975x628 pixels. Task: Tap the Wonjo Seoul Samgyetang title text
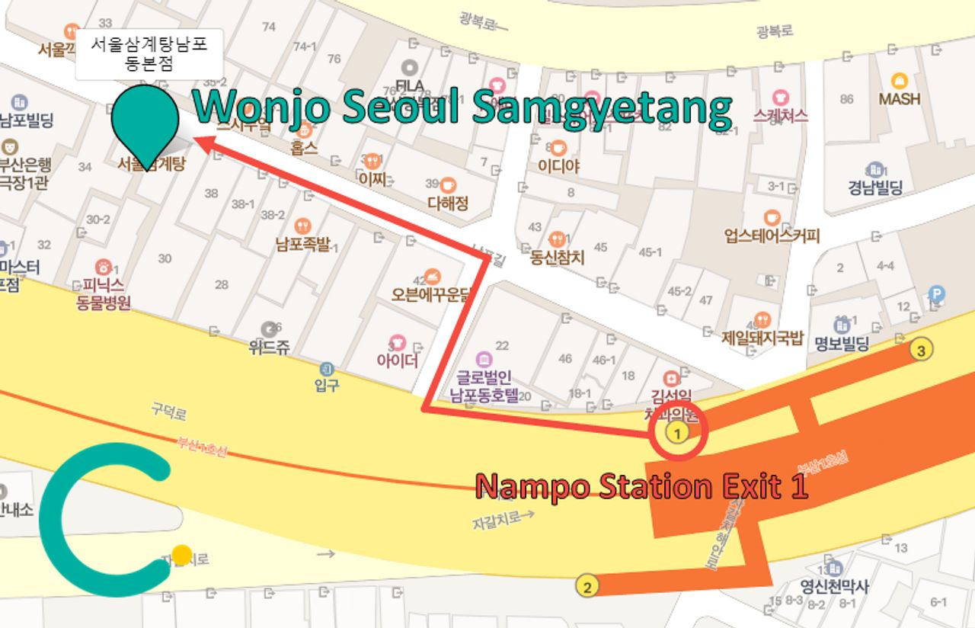point(462,107)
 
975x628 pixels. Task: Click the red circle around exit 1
point(678,433)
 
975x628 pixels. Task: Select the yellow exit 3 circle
point(920,351)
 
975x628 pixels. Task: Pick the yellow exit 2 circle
point(587,587)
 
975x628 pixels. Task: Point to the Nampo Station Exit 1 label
point(641,486)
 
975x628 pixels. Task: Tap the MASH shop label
point(900,98)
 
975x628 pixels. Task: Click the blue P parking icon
point(936,293)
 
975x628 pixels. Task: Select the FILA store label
point(410,84)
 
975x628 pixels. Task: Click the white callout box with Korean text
point(149,54)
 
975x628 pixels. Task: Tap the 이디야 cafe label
point(559,165)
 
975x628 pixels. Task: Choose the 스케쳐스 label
point(779,115)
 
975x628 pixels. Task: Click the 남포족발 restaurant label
point(303,245)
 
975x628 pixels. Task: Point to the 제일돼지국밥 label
point(762,338)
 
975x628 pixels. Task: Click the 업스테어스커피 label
point(772,235)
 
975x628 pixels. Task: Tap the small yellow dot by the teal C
point(181,555)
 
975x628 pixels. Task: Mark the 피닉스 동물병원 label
point(104,294)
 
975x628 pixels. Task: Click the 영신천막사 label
point(835,586)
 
